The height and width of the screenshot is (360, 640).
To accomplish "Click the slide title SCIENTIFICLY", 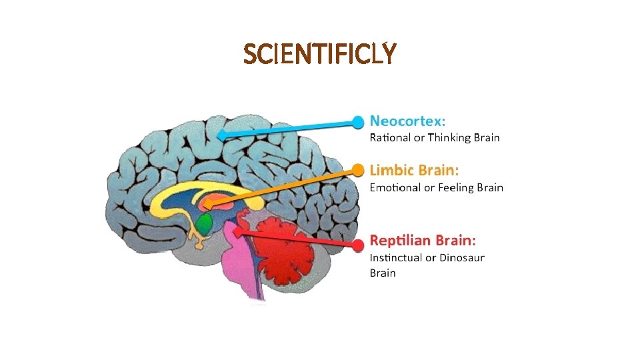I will click(x=320, y=54).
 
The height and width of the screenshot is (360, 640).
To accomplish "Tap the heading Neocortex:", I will click(x=408, y=121).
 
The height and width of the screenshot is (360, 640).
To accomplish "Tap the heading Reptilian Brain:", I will click(x=423, y=239).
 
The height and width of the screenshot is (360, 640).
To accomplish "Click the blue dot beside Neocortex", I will click(x=359, y=121).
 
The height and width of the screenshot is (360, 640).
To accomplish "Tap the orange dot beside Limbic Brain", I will click(x=359, y=170).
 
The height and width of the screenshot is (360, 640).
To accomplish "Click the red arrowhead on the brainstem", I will click(x=237, y=233).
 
